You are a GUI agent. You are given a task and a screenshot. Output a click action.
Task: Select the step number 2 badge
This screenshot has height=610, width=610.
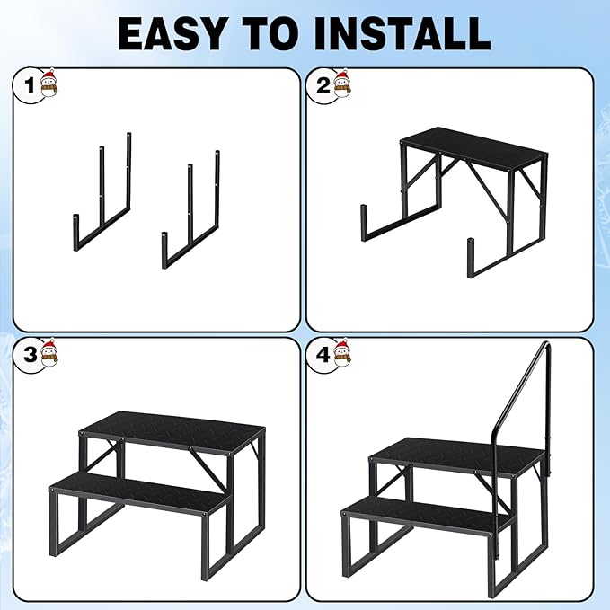[x=323, y=86]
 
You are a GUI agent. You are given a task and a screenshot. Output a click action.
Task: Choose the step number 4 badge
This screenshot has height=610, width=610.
[x=323, y=354]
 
